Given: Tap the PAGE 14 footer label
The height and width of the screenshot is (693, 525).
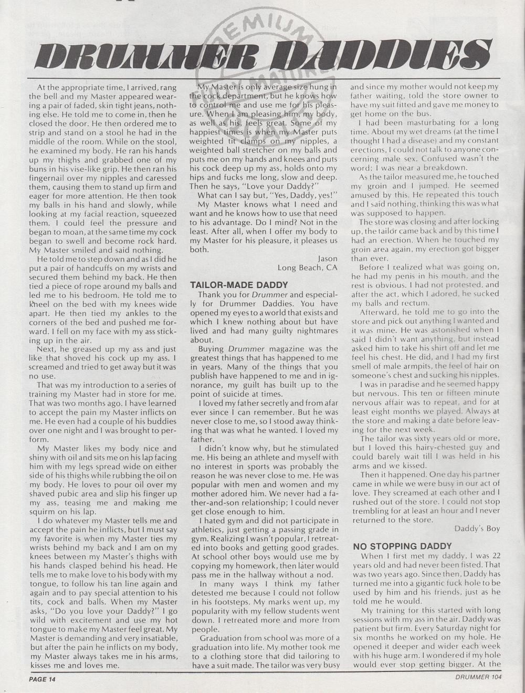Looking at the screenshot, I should click(x=42, y=679).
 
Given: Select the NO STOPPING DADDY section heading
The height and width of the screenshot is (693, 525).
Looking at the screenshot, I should click(x=402, y=546).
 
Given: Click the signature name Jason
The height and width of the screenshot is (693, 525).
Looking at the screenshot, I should click(x=328, y=258).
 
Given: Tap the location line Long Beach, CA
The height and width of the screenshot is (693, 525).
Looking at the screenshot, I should click(x=308, y=267).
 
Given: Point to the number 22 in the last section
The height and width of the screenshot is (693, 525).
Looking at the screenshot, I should click(x=491, y=556).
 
